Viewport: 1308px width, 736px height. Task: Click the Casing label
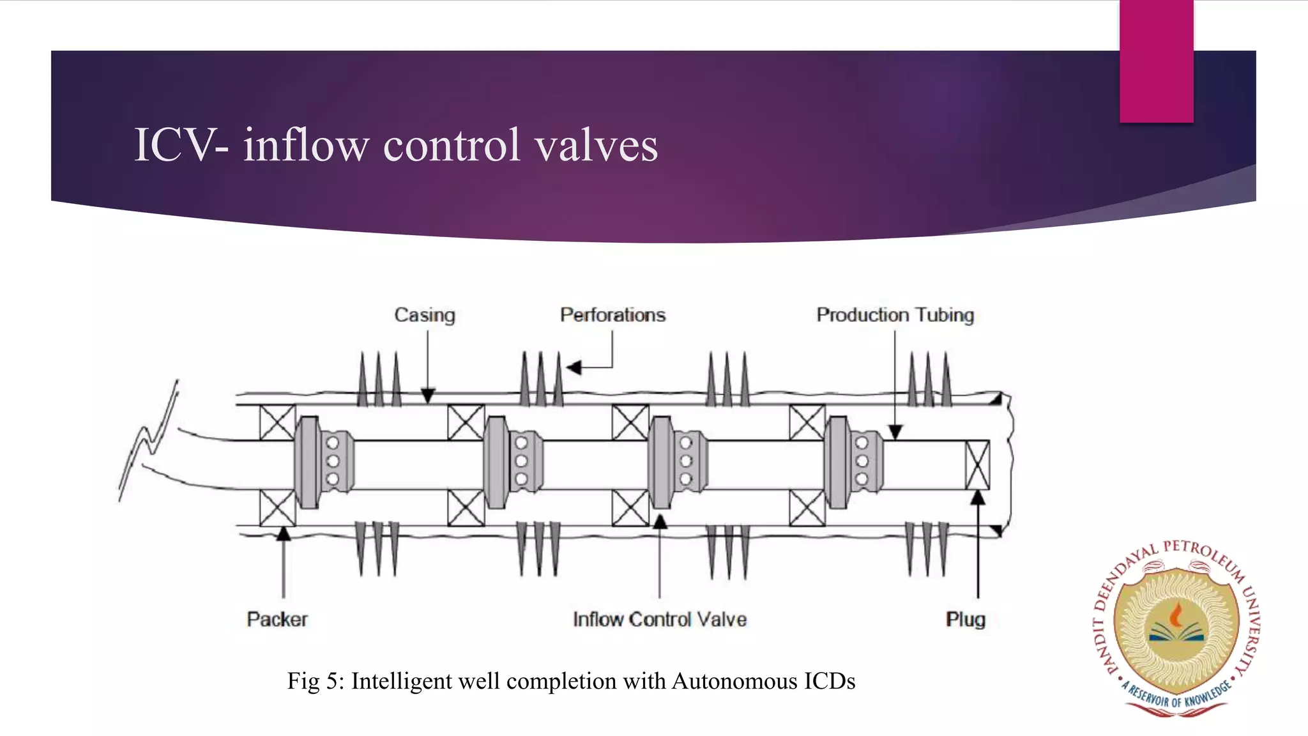pos(425,315)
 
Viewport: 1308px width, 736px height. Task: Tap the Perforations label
pos(612,315)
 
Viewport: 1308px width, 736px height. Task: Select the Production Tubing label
pos(895,315)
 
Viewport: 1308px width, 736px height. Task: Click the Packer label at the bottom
pos(277,619)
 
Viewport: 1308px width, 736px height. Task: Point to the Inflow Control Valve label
pos(660,619)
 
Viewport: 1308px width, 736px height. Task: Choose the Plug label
pos(966,619)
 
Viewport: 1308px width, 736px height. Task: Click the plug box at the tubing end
pos(977,465)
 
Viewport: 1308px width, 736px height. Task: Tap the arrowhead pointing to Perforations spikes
pos(574,367)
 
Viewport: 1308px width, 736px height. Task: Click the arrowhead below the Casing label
pos(428,396)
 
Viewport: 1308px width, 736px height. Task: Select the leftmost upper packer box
pos(277,422)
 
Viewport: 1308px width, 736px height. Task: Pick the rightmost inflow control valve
pos(853,462)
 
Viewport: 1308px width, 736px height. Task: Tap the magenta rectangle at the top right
pos(1156,61)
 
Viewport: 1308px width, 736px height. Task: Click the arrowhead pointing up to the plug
pos(978,498)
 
